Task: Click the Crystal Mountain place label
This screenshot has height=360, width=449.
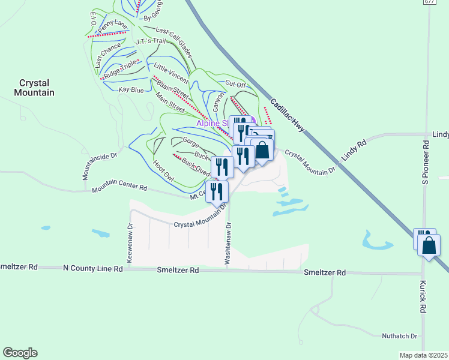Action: coord(37,88)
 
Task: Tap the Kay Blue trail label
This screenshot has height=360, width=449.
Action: coord(131,90)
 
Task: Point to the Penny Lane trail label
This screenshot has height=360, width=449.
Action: coord(112,25)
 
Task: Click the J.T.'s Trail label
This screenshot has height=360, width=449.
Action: coord(149,41)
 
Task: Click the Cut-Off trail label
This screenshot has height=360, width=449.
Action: coord(235,85)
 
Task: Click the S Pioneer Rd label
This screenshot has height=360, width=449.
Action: coord(425,162)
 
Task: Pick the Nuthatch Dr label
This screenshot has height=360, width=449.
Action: coord(399,336)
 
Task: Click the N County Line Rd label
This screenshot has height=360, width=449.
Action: coord(92,268)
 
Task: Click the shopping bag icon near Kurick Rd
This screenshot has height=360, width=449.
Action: coord(429,245)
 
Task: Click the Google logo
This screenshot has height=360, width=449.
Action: coord(20,353)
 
